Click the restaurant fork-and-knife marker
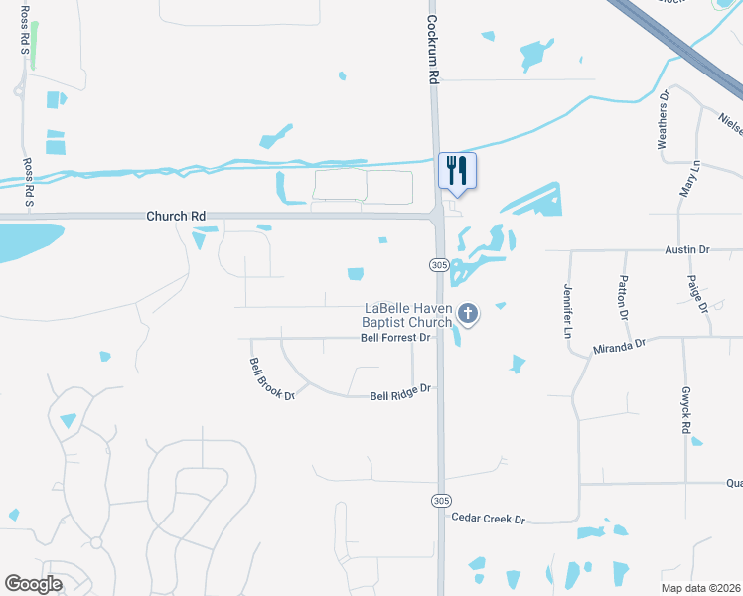(457, 169)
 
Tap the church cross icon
(468, 315)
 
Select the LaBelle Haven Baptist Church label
(408, 315)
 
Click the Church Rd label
(176, 215)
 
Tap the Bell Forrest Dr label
(395, 338)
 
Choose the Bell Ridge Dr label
(400, 393)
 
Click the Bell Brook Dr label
(272, 379)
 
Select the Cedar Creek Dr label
(487, 519)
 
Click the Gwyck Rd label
(685, 410)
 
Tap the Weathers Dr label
(664, 119)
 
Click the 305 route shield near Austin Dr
(440, 265)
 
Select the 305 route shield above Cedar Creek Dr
(439, 500)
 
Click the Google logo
(34, 584)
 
